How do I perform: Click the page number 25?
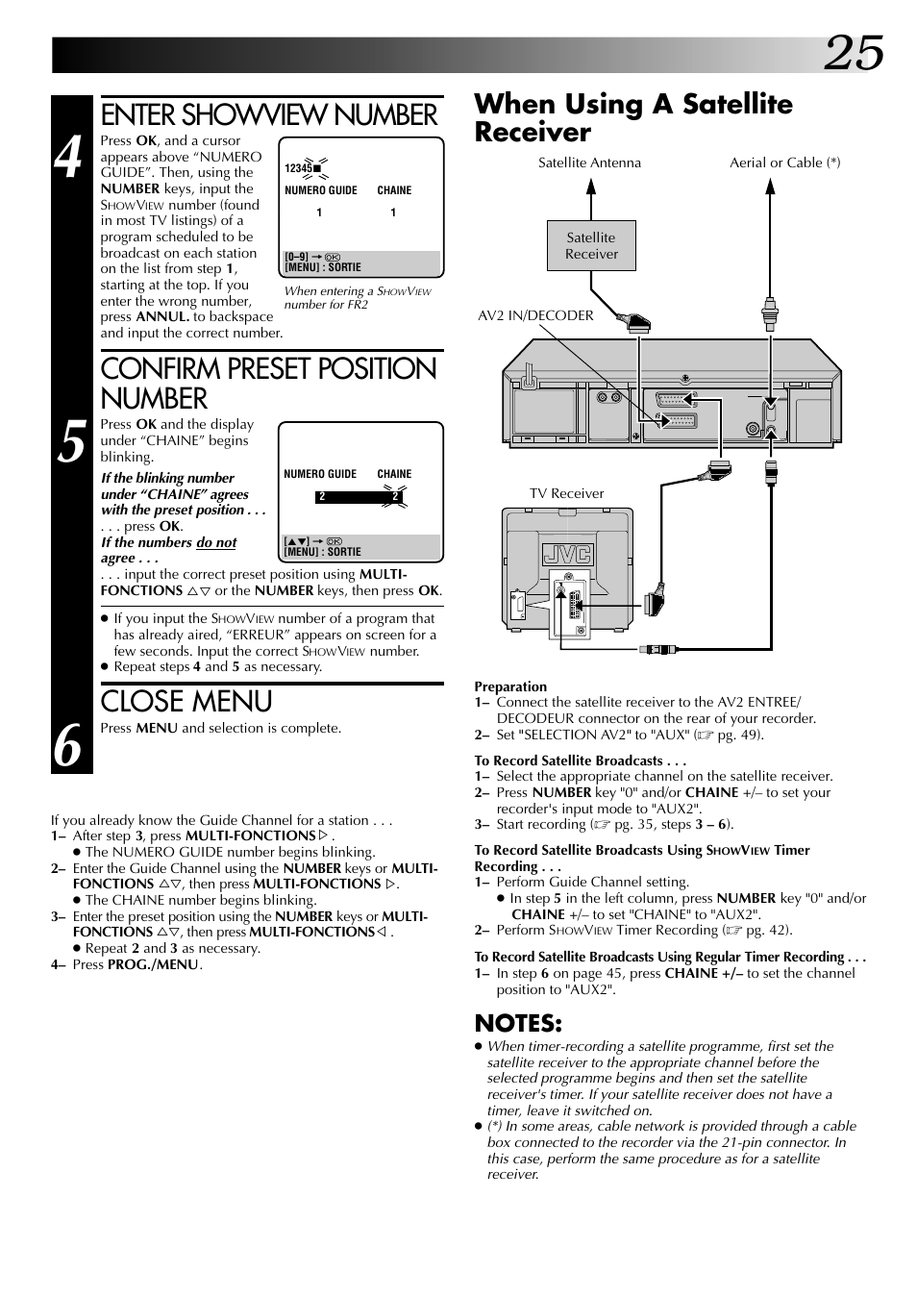click(853, 53)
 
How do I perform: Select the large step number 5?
click(68, 442)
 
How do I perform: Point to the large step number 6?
click(67, 745)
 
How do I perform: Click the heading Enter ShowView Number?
click(268, 115)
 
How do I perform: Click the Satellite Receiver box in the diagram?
click(591, 246)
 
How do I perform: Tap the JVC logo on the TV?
click(567, 555)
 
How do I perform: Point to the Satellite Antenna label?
click(589, 162)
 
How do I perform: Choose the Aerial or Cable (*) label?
click(784, 162)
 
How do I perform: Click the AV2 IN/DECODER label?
click(535, 315)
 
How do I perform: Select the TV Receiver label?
click(566, 493)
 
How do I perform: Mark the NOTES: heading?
click(517, 1022)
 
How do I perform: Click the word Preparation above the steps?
click(510, 686)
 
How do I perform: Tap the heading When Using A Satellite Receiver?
click(633, 117)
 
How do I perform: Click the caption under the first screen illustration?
click(358, 297)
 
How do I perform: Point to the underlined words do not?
click(216, 542)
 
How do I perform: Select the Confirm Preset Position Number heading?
click(268, 383)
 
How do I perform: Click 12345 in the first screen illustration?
click(298, 168)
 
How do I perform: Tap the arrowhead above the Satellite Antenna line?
click(591, 187)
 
